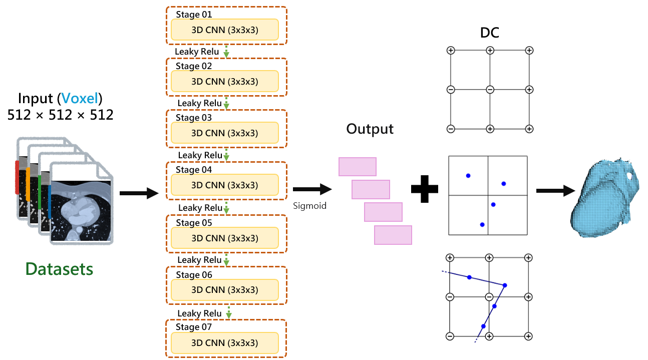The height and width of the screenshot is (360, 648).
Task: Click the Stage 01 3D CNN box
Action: click(x=224, y=30)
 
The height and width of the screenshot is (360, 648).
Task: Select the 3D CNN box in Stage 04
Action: click(x=224, y=185)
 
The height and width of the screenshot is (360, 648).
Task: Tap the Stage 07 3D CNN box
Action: click(x=224, y=342)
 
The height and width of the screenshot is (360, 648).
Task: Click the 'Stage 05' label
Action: click(x=194, y=222)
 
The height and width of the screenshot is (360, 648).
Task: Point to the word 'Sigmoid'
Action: click(x=310, y=205)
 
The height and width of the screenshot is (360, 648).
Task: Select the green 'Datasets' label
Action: click(x=60, y=269)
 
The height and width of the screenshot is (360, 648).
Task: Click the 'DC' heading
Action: click(x=489, y=33)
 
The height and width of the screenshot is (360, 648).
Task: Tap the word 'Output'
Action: click(x=370, y=129)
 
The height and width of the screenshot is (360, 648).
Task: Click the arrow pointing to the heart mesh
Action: click(x=554, y=191)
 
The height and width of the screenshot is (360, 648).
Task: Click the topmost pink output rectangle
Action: click(x=358, y=167)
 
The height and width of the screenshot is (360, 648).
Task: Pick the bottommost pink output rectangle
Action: click(x=393, y=235)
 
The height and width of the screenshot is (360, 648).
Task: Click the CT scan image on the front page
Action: click(x=82, y=210)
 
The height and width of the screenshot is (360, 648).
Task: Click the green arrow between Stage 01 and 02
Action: click(x=226, y=51)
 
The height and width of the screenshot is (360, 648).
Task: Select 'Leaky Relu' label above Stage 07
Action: click(x=199, y=313)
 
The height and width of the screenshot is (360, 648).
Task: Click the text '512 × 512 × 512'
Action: click(x=60, y=115)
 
